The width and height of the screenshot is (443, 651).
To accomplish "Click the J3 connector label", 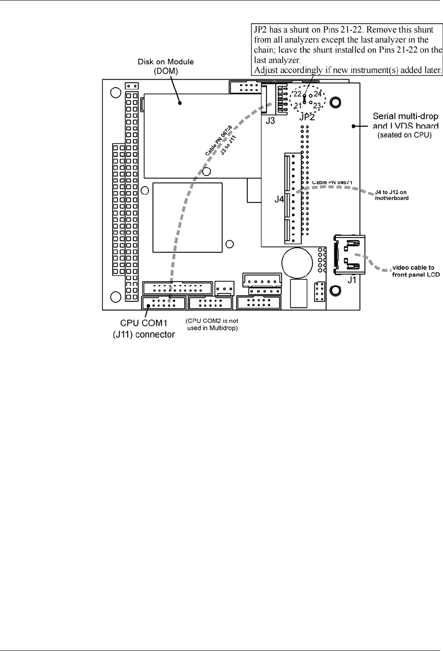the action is tap(271, 121).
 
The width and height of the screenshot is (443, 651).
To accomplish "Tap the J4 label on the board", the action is tap(279, 199).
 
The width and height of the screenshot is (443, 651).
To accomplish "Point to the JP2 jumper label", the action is tap(307, 117).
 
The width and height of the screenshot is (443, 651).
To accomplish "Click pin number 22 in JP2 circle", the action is tap(298, 94).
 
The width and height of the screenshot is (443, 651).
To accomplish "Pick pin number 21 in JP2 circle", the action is tap(298, 106).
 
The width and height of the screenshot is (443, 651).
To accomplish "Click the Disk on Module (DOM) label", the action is tap(165, 65).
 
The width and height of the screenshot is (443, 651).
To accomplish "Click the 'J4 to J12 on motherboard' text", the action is tap(392, 195).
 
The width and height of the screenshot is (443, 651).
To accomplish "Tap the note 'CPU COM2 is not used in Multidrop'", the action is tap(212, 325).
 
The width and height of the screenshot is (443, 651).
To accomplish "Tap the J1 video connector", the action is tap(348, 254).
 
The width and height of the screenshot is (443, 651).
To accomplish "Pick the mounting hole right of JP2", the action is tap(334, 102).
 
